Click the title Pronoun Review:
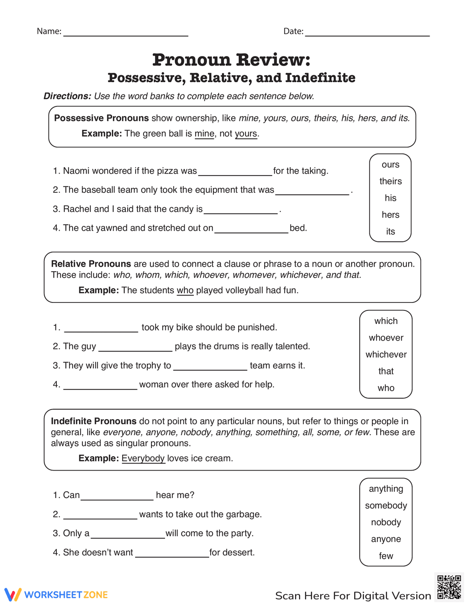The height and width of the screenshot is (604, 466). coord(231,60)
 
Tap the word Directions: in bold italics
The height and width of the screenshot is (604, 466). coord(67,96)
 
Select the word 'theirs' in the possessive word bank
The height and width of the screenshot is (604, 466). coord(390,181)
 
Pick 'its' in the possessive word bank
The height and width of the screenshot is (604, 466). coord(390,232)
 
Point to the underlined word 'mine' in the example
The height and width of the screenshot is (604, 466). coord(204,133)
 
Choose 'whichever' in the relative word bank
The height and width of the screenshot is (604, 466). coord(386,354)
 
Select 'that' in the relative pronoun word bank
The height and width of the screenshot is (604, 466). coord(386,371)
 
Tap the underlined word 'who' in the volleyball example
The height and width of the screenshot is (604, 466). coord(185,290)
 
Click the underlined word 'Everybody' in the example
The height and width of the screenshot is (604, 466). coord(143,458)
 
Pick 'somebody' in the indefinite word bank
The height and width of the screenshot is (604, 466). coord(386,506)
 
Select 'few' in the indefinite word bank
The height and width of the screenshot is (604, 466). coord(386,556)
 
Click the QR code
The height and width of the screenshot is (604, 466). coord(449,587)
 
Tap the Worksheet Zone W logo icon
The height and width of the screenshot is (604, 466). coord(13,595)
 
